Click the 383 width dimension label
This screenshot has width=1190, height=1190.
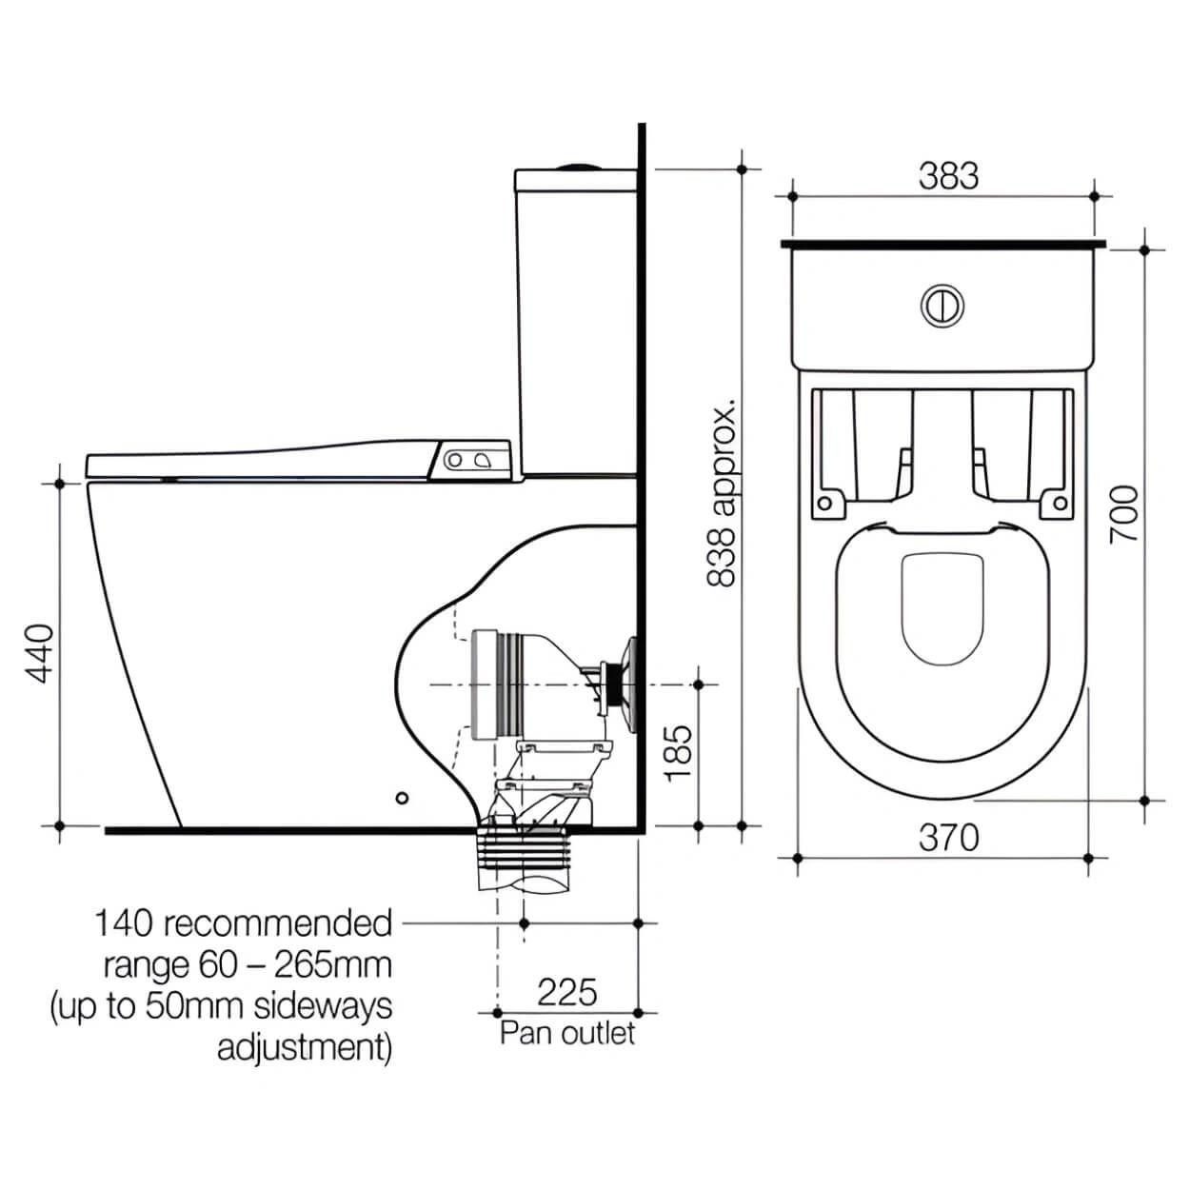pyautogui.click(x=948, y=176)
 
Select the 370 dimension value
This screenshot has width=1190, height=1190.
pyautogui.click(x=948, y=838)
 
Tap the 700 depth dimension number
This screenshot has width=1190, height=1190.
pyautogui.click(x=1124, y=514)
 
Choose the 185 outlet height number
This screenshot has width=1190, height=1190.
pyautogui.click(x=677, y=753)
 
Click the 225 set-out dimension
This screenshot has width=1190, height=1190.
pyautogui.click(x=567, y=992)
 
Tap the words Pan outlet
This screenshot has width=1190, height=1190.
pyautogui.click(x=567, y=1033)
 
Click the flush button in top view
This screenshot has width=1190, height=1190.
pyautogui.click(x=942, y=305)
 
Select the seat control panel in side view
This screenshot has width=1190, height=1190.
pyautogui.click(x=474, y=460)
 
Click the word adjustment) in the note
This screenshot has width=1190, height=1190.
pyautogui.click(x=305, y=1047)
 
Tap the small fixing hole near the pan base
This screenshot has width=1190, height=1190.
pyautogui.click(x=402, y=797)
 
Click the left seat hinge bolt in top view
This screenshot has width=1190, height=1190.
pyautogui.click(x=824, y=503)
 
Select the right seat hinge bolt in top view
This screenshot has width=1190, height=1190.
pyautogui.click(x=1058, y=503)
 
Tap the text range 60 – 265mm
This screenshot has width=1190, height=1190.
pyautogui.click(x=248, y=965)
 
